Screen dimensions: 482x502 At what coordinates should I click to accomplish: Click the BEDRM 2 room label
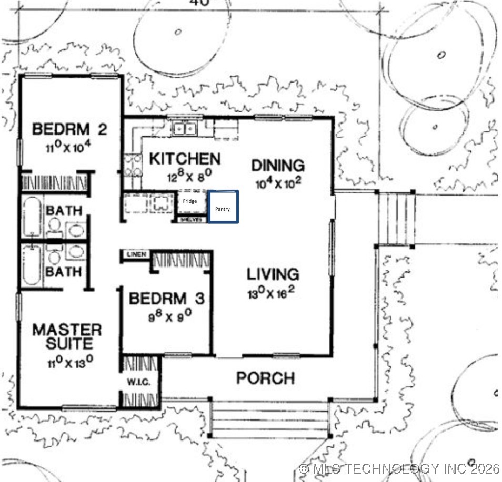pyautogui.click(x=69, y=129)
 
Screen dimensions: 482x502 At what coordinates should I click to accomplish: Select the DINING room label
pyautogui.click(x=277, y=166)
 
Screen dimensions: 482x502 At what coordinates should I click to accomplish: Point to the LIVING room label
pyautogui.click(x=273, y=274)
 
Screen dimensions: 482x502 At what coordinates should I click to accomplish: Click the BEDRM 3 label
pyautogui.click(x=166, y=299)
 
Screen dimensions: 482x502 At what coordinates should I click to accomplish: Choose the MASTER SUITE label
pyautogui.click(x=67, y=337)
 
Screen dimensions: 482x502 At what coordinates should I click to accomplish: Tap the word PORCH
pyautogui.click(x=265, y=378)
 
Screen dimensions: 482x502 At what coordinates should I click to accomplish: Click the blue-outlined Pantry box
pyautogui.click(x=223, y=207)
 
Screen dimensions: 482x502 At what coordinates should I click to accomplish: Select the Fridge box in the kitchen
pyautogui.click(x=190, y=202)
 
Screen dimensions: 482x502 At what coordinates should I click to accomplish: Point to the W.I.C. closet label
pyautogui.click(x=139, y=382)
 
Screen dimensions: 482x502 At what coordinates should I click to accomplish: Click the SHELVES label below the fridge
pyautogui.click(x=192, y=220)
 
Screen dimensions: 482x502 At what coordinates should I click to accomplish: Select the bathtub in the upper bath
pyautogui.click(x=32, y=217)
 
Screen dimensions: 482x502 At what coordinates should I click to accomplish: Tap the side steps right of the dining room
pyautogui.click(x=396, y=218)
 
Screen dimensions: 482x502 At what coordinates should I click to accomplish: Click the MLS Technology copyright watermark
pyautogui.click(x=399, y=468)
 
